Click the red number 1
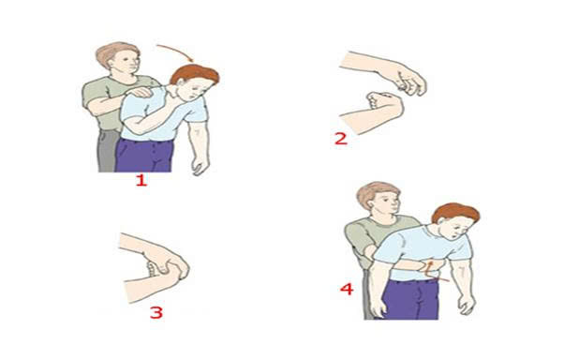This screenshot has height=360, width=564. coord(141,180)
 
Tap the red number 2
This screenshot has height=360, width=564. coord(341,139)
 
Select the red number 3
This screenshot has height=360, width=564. coord(156,312)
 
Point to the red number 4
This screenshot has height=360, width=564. coord(347,289)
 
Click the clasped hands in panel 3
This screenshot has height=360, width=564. coord(166,267)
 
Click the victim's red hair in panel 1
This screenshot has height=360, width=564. coord(195,74)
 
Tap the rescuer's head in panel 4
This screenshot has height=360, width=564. coord(378,199)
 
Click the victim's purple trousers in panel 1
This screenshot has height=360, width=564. coord(144,156)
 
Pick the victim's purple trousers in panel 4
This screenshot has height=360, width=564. coord(410,299)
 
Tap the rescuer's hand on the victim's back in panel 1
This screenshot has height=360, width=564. coord(140,92)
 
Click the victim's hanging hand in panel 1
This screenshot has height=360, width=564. coord(200,165)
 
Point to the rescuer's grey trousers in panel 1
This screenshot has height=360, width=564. coord(107,151)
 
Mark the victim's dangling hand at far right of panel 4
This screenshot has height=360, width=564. coord(468,304)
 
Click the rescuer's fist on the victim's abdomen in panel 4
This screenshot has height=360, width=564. coord(429,266)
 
